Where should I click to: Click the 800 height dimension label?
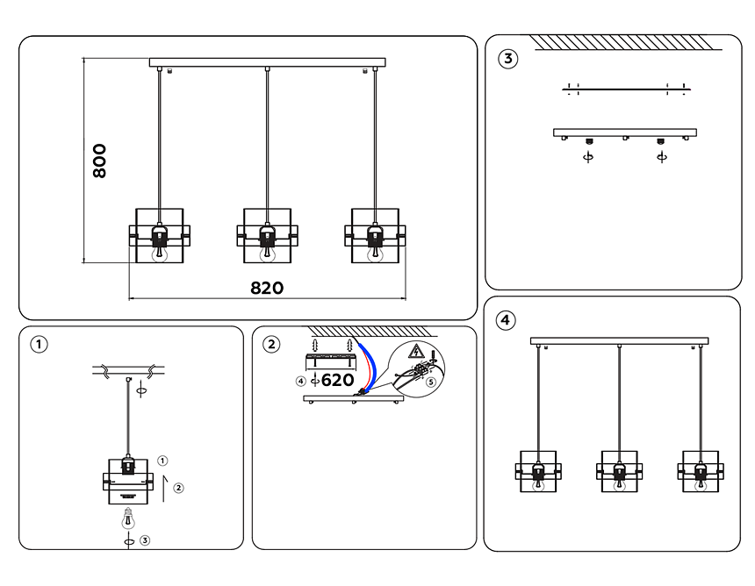(100, 161)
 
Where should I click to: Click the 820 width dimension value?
(267, 289)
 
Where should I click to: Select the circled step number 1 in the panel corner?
(40, 344)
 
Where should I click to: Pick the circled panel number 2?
(273, 344)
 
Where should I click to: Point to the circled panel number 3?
(507, 60)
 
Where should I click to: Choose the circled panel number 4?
(505, 320)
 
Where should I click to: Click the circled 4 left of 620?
(301, 381)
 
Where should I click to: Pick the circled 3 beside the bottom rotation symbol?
(146, 541)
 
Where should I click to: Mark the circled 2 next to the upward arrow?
(178, 487)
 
